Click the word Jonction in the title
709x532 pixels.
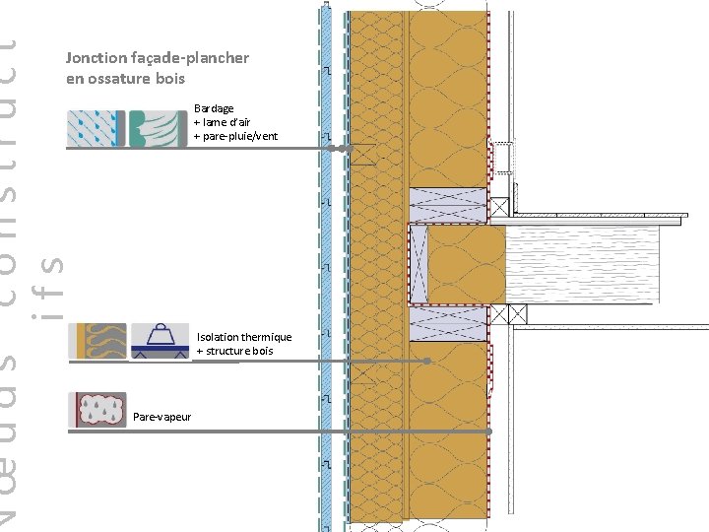click(94, 58)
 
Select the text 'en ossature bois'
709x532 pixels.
click(125, 78)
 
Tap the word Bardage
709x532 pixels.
click(214, 108)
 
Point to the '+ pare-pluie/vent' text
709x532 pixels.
click(235, 136)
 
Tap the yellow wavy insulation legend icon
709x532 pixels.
click(97, 341)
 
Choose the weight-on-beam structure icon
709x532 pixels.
click(159, 341)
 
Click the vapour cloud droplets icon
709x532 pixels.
click(97, 410)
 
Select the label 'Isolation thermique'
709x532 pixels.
click(244, 337)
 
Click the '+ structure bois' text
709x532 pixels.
click(234, 351)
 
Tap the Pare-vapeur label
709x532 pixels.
click(161, 417)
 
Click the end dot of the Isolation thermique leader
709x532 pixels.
click(426, 362)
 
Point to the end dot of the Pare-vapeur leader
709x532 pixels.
click(489, 432)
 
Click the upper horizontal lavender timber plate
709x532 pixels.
click(447, 205)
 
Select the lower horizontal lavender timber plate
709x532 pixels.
click(447, 322)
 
